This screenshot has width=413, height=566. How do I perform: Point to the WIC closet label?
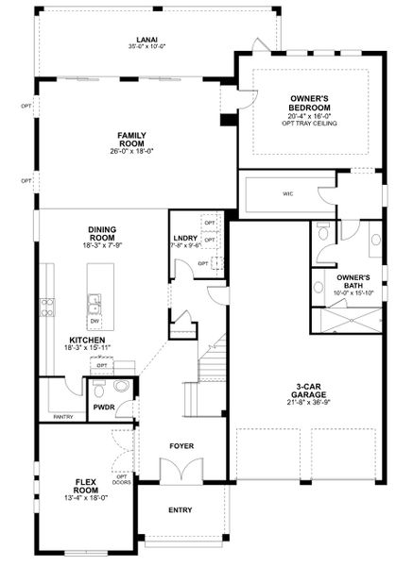287,193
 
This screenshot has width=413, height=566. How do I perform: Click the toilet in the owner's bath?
324,250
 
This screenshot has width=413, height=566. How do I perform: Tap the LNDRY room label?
184,238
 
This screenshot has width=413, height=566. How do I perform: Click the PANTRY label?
62,415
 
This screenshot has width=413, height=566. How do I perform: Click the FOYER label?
181,445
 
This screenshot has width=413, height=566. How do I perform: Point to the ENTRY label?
180,509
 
